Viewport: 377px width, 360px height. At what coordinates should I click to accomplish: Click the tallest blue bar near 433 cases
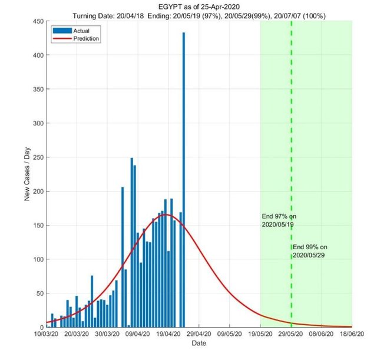pyautogui.click(x=184, y=177)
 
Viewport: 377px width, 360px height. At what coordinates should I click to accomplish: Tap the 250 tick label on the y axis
pyautogui.click(x=37, y=157)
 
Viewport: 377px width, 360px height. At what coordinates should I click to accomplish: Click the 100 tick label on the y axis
pyautogui.click(x=37, y=259)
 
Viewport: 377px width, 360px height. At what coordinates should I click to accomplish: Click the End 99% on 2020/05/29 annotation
pyautogui.click(x=310, y=251)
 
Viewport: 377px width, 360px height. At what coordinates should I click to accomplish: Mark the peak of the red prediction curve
pyautogui.click(x=166, y=214)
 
